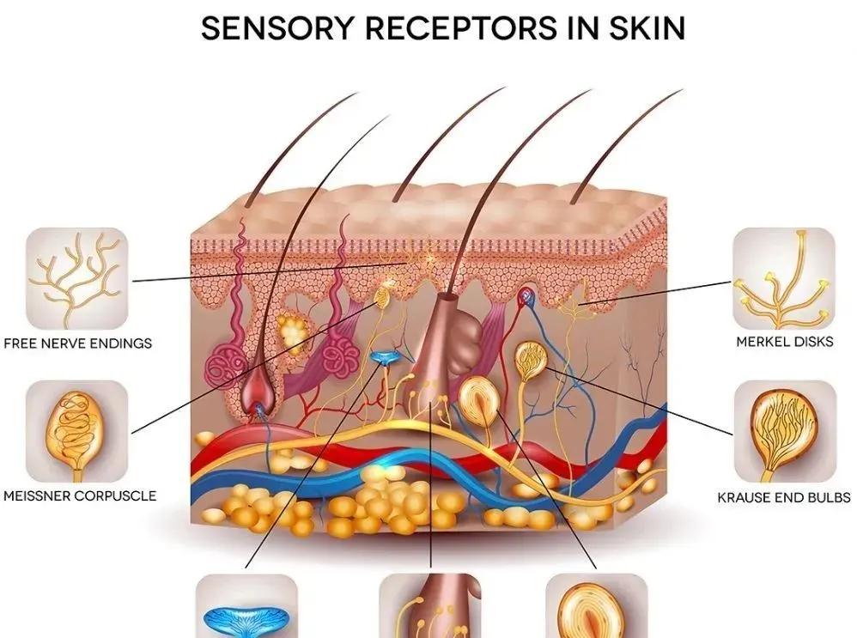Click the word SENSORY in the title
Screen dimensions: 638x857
pos(262,28)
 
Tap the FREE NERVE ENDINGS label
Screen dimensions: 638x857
pos(77,343)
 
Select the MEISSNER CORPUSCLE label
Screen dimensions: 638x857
pos(79,496)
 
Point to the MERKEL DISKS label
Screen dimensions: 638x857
pos(785,342)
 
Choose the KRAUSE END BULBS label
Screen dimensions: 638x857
pos(784,497)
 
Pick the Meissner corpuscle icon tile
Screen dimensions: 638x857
pos(77,432)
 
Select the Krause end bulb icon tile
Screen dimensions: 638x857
pos(783,432)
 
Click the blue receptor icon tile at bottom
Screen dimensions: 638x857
pos(247,608)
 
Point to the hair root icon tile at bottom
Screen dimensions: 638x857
pos(429,608)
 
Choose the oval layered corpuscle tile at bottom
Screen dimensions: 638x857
pos(596,608)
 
